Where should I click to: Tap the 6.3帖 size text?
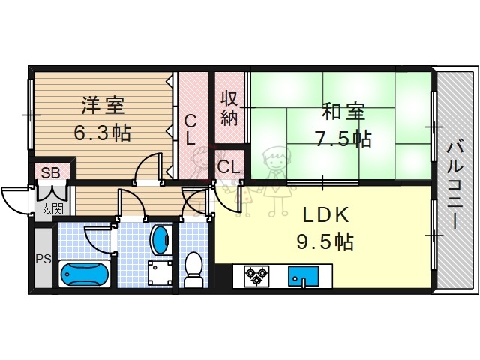pyautogui.click(x=102, y=133)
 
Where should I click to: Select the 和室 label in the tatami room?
pyautogui.click(x=343, y=112)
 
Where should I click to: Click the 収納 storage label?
pyautogui.click(x=229, y=107)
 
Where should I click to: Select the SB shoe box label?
pyautogui.click(x=50, y=173)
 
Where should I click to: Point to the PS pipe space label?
pyautogui.click(x=43, y=259)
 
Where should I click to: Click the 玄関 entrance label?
pyautogui.click(x=52, y=208)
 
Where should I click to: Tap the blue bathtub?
pyautogui.click(x=85, y=274)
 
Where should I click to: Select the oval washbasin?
pyautogui.click(x=160, y=241)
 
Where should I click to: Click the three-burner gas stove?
pyautogui.click(x=257, y=276)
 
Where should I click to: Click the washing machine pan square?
pyautogui.click(x=159, y=272)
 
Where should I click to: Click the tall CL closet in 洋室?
pyautogui.click(x=190, y=129)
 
